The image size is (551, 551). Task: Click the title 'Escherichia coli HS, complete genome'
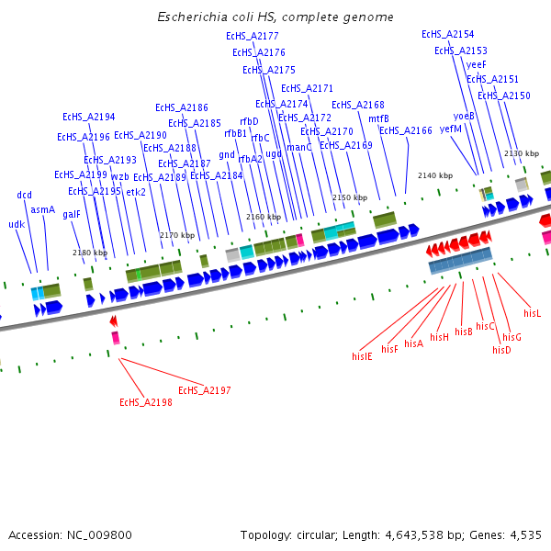point(275,17)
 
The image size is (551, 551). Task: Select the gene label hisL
point(533,313)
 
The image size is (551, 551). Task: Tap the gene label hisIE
point(362,355)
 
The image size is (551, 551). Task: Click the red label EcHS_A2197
point(205,390)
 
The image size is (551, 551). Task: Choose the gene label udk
point(17,224)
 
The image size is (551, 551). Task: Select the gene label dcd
point(24,195)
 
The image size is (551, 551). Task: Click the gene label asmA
point(42,209)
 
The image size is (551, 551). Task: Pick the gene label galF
point(72,214)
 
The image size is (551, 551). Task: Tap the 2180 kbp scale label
point(90,253)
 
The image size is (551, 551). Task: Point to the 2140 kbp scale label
point(435,175)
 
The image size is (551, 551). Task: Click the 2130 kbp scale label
point(521,153)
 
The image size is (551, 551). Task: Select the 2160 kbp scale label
point(264,217)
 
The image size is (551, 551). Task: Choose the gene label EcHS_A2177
point(253,36)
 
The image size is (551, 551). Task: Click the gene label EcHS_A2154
point(448,34)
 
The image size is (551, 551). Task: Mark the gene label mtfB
point(378,118)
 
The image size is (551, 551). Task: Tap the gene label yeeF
point(477,64)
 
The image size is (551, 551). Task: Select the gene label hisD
point(501,350)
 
